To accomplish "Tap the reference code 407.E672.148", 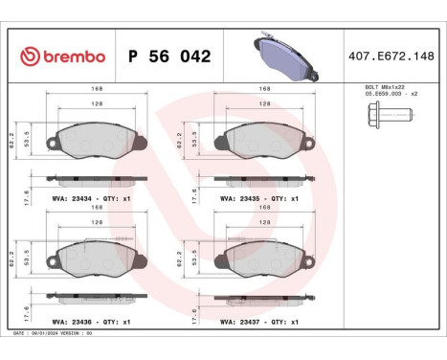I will point(392,56).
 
